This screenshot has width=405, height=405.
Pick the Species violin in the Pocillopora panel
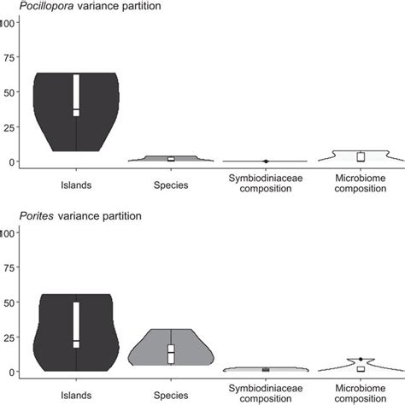171,159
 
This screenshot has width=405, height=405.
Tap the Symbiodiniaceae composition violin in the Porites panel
266,369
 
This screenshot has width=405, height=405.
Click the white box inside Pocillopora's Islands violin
76,94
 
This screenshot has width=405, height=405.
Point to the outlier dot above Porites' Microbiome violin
361,360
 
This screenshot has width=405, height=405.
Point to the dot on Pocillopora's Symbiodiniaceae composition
266,161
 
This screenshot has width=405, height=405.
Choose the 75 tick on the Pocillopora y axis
10,59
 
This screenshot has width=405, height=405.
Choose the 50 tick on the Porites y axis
10,302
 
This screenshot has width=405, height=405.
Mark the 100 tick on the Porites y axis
9,233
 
